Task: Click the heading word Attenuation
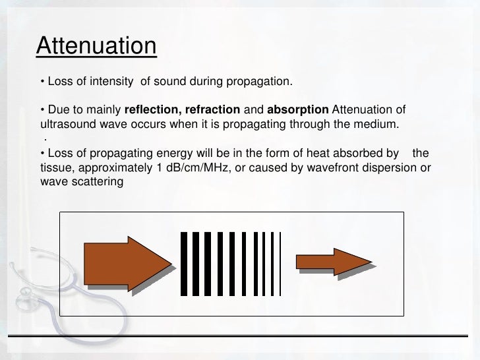coord(96,46)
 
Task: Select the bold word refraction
coord(209,109)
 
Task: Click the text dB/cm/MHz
coord(191,168)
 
